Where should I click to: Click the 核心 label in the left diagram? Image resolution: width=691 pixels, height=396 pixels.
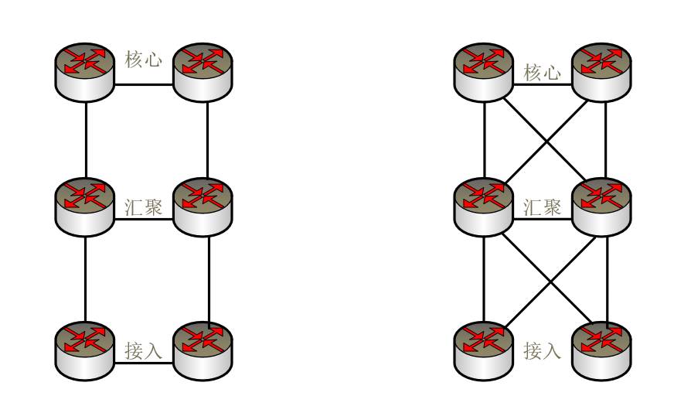(144, 60)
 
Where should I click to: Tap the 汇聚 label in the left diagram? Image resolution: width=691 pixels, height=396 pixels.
(144, 207)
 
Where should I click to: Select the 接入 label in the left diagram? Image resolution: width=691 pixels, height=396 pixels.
(144, 350)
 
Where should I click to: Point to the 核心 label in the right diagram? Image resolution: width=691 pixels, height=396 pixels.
(543, 73)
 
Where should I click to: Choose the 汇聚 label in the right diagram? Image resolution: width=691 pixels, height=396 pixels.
(543, 207)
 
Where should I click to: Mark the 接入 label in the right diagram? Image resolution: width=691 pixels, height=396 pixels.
(543, 350)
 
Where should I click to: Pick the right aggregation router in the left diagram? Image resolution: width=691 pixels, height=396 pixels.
(203, 207)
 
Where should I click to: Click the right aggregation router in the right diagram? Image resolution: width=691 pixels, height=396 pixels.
(601, 207)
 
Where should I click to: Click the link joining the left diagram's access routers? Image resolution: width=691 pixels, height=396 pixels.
(144, 364)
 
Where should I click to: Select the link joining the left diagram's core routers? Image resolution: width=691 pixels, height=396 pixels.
(144, 84)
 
